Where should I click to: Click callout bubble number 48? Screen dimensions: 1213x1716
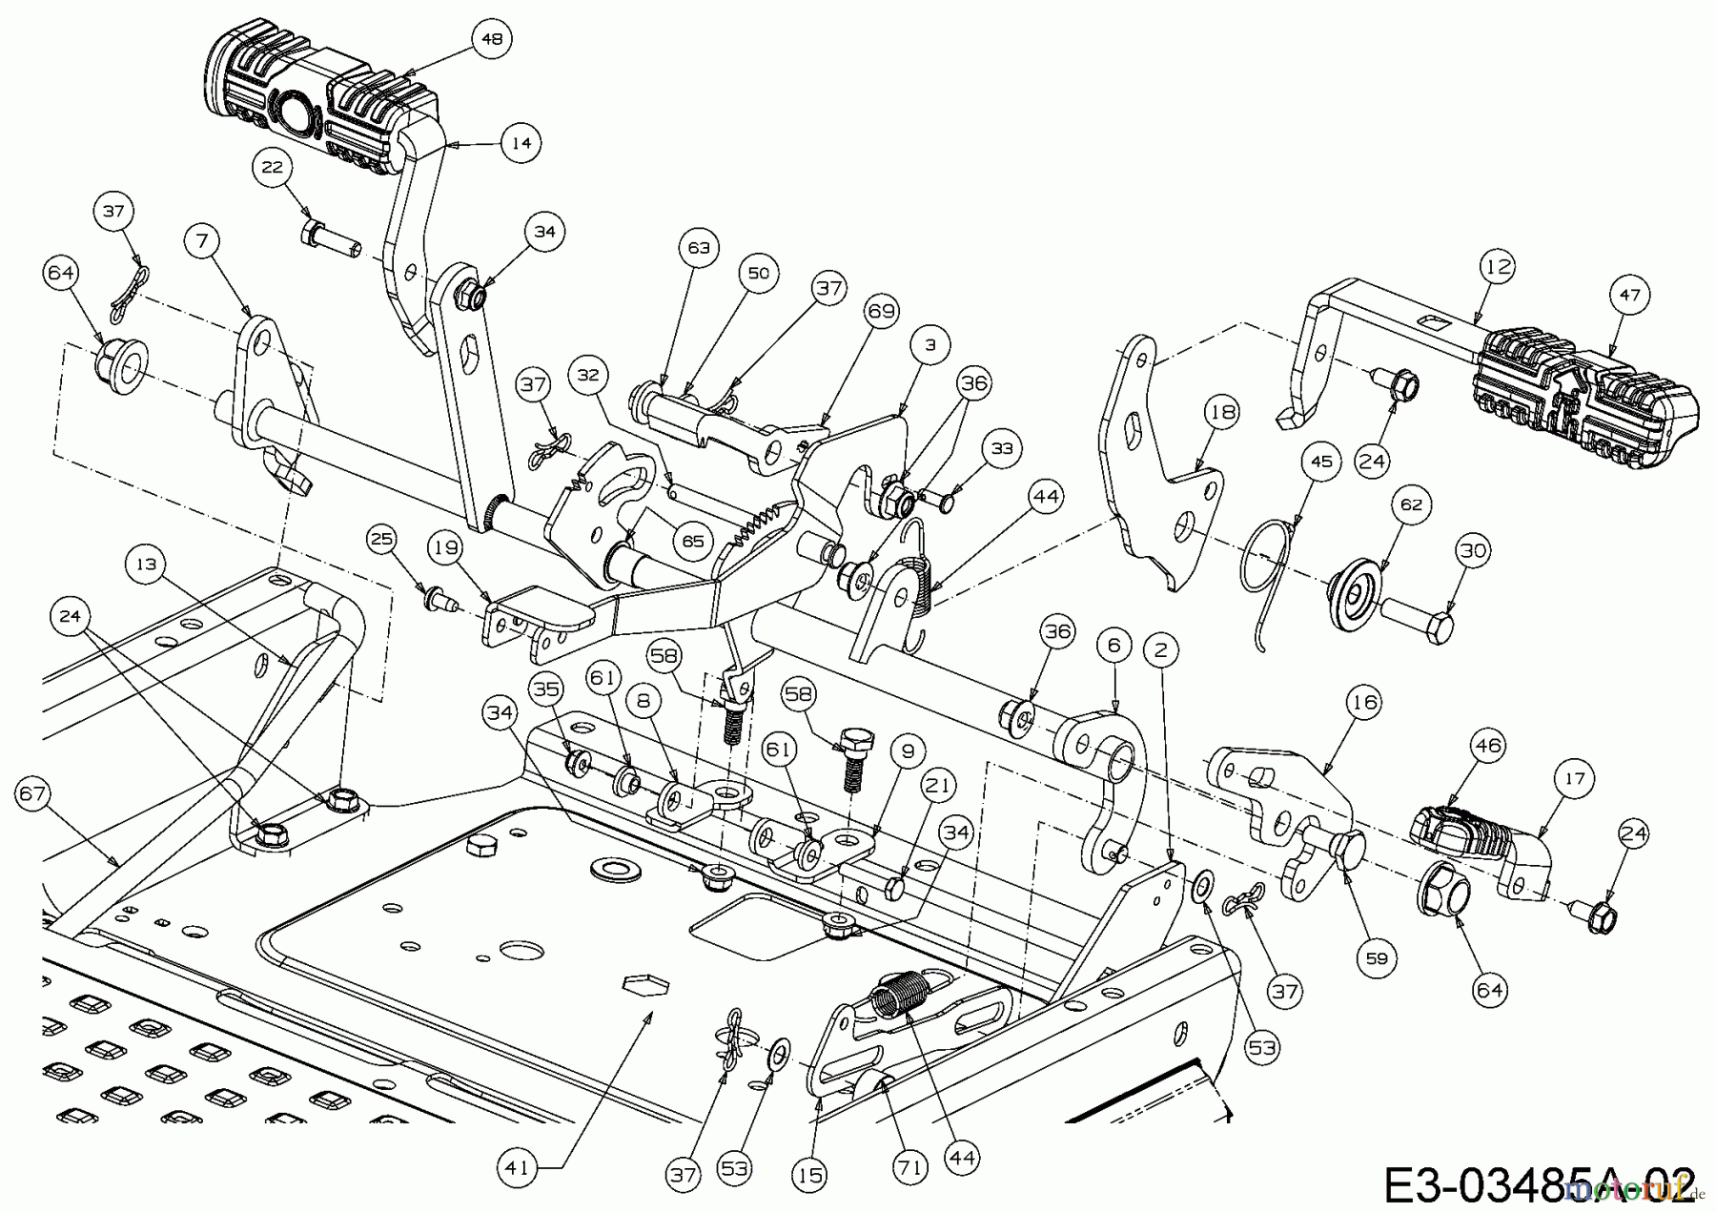point(493,39)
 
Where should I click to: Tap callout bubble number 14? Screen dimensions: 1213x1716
point(521,142)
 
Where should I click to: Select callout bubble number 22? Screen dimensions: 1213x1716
point(273,167)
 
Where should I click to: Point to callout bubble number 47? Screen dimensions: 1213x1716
point(1629,295)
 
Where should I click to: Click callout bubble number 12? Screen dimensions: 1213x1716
point(1498,266)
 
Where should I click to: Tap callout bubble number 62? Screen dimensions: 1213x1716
point(1411,504)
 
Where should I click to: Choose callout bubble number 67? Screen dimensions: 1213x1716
point(34,793)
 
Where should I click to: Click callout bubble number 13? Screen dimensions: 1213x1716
point(145,565)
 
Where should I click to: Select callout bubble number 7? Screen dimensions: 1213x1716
point(201,241)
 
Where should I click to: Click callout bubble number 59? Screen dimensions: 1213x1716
point(1376,957)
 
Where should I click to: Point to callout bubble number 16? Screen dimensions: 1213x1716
point(1364,703)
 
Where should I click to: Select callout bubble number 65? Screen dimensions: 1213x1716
point(692,541)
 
